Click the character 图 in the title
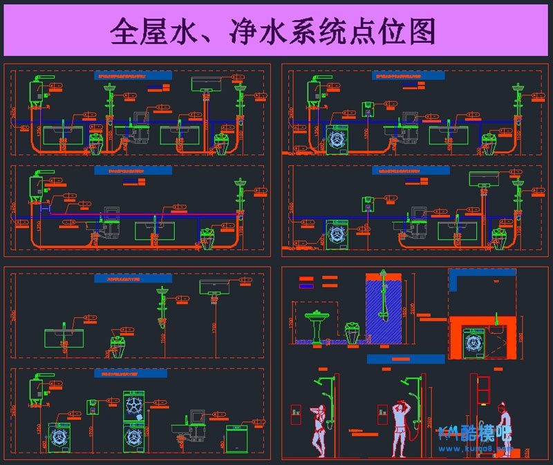pos(419,32)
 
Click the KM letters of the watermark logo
pos(451,434)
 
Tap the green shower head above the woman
pos(319,381)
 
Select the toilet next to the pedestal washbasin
pos(353,333)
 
